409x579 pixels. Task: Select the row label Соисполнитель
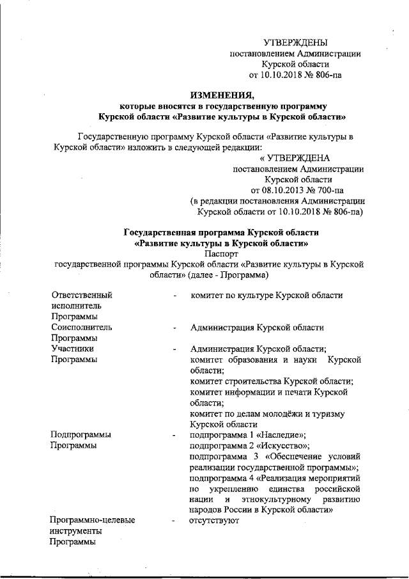(82, 327)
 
